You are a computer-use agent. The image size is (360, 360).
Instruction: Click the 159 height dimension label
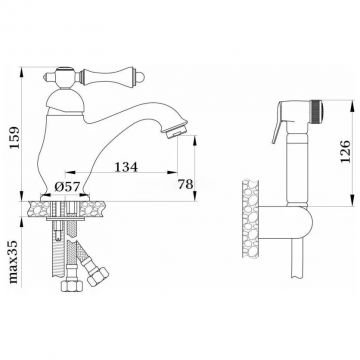coord(15,138)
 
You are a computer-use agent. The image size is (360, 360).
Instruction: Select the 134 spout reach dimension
coord(126,167)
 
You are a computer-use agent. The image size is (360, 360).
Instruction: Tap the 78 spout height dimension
coord(185,184)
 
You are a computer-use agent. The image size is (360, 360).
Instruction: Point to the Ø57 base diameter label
coord(67,187)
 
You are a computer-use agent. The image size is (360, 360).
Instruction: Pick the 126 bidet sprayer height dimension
coord(346,151)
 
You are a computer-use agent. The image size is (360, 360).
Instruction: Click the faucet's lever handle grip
coord(107,78)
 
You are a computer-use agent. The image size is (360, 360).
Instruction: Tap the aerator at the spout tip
coord(176,131)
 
